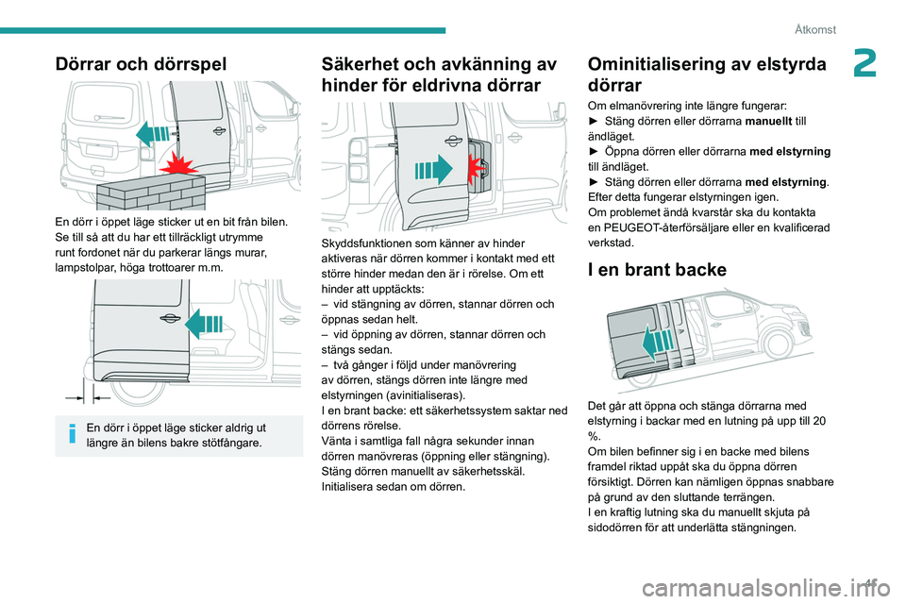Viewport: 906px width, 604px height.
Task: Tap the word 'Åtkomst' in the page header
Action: (x=814, y=29)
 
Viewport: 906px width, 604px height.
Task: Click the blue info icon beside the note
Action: (x=74, y=434)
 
